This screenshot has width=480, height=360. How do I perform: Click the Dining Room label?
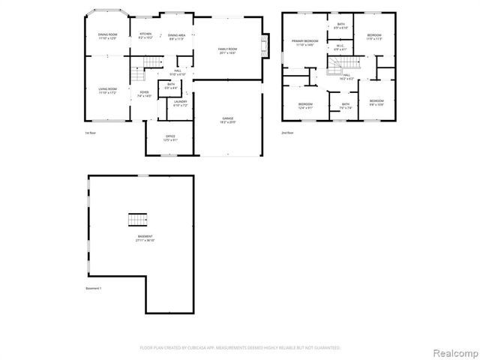tap(108, 35)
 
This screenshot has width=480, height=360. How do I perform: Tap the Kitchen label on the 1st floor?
tap(145, 35)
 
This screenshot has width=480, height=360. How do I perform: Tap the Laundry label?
tap(180, 103)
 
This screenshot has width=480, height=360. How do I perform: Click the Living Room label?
tap(108, 91)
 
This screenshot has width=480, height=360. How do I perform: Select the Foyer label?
tap(144, 94)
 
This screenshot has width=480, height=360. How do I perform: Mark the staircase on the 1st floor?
tap(137, 75)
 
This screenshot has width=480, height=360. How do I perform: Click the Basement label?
tap(145, 238)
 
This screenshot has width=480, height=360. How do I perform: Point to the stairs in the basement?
tap(136, 219)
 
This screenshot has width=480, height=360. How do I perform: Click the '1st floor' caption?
tap(90, 133)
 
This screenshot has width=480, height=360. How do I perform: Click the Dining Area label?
tap(177, 36)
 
